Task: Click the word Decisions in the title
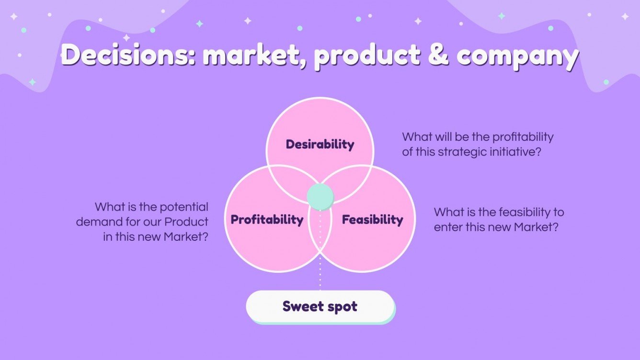click(127, 56)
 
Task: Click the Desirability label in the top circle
click(320, 144)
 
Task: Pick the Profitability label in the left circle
click(267, 220)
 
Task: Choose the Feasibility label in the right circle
click(372, 220)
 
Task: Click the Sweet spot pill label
click(320, 306)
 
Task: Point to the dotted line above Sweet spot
click(320, 268)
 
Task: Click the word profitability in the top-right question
click(520, 137)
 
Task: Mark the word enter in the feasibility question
click(447, 227)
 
